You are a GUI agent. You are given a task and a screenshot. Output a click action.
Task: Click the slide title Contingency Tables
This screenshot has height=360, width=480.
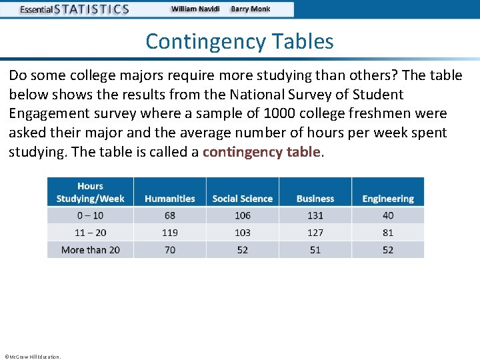coord(239,41)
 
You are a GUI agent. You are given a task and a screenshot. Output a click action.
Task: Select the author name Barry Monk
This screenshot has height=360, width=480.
coord(251,9)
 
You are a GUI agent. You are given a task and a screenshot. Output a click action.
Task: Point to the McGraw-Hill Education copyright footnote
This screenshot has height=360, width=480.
coord(32,357)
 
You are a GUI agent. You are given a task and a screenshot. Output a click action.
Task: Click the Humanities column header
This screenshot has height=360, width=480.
coord(170,199)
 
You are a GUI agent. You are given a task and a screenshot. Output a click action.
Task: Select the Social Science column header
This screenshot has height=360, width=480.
coord(242,199)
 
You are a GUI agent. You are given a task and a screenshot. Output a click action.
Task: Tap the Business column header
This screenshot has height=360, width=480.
coord(315,199)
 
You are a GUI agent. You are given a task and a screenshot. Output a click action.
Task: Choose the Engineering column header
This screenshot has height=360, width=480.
coord(388,199)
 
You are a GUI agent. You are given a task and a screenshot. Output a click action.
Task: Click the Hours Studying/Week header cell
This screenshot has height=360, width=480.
coord(90,192)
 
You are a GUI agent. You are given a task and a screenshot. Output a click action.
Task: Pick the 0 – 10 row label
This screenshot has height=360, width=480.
coord(90,215)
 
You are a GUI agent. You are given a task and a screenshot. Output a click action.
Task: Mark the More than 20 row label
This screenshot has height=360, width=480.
coord(90,250)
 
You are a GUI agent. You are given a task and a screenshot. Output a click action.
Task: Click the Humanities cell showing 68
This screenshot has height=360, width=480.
coord(170,215)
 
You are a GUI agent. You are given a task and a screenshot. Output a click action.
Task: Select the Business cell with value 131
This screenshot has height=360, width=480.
coord(315,215)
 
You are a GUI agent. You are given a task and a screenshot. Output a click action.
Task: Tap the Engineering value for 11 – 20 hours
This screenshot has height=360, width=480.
coord(388,233)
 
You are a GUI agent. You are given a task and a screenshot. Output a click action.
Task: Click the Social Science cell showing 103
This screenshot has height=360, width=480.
coord(243,233)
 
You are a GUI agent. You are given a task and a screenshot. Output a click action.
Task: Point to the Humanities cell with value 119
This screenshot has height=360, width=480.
coord(170,233)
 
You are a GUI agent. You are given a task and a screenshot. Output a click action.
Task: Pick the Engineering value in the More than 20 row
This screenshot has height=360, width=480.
coord(388,250)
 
